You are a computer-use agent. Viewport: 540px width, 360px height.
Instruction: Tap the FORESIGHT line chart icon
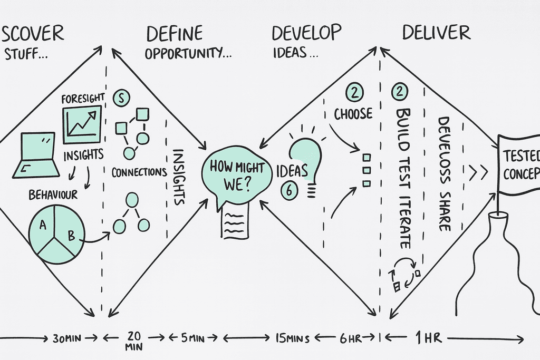(x=82, y=124)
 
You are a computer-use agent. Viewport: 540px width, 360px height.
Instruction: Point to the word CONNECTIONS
(x=139, y=172)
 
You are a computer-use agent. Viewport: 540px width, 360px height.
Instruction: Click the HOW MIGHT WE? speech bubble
(x=236, y=174)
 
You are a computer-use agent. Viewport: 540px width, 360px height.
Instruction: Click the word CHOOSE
(x=353, y=114)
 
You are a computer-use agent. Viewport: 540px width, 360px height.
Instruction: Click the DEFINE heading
(x=174, y=33)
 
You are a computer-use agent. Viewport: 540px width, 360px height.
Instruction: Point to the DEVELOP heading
(x=306, y=33)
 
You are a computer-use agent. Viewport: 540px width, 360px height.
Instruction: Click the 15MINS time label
(x=290, y=338)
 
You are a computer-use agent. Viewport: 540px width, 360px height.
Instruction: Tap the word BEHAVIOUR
(x=53, y=195)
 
